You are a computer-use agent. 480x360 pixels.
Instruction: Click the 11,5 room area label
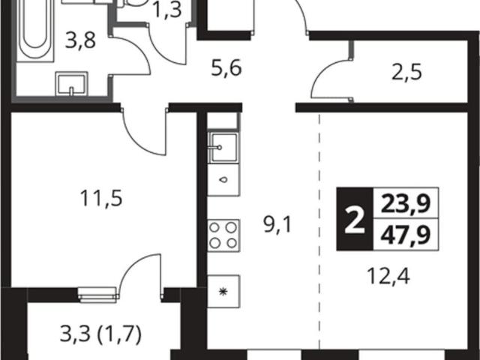tap(101, 198)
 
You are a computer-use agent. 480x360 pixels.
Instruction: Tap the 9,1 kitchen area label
tap(278, 226)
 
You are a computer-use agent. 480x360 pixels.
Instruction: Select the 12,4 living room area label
tap(388, 277)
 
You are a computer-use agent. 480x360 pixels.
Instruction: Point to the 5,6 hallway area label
tap(226, 68)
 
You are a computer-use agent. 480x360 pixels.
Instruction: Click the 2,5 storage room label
tap(406, 73)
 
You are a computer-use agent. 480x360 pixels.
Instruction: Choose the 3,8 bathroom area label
tap(80, 40)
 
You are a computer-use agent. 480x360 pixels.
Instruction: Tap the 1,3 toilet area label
tap(166, 10)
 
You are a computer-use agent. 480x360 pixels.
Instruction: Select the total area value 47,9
tap(405, 235)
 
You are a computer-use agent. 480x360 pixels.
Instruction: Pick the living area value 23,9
tap(405, 203)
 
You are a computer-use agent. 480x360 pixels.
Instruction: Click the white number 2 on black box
tap(355, 220)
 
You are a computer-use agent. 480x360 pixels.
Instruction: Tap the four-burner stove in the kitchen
tap(223, 235)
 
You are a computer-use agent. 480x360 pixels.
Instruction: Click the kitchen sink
tap(223, 148)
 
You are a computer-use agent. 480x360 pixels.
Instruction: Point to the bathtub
tap(35, 31)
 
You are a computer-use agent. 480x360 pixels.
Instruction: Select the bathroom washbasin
tap(71, 84)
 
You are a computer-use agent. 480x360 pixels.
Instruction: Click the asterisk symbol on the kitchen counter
tap(223, 292)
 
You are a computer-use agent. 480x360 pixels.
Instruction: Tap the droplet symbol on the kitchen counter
tap(223, 180)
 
